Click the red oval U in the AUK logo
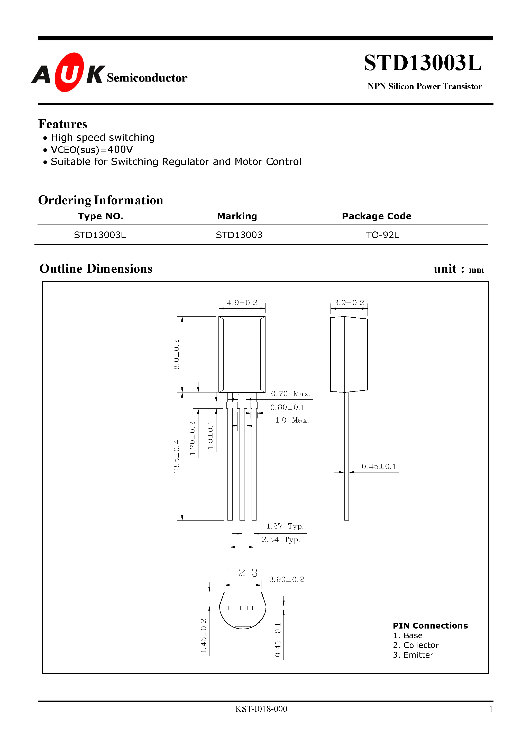click(69, 72)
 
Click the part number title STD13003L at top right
click(422, 63)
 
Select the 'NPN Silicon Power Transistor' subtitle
click(425, 86)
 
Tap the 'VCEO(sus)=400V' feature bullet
click(92, 150)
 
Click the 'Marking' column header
click(237, 216)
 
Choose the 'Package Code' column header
click(377, 216)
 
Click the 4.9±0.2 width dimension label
click(242, 303)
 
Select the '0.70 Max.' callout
click(290, 394)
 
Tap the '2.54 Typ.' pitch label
click(281, 539)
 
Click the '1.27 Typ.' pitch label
click(285, 526)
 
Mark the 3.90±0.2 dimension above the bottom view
click(287, 579)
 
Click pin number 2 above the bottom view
click(242, 572)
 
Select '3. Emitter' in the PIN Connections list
click(413, 655)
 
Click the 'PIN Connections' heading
click(430, 625)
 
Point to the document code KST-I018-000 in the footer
click(261, 709)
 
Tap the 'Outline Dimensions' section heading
click(96, 268)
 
